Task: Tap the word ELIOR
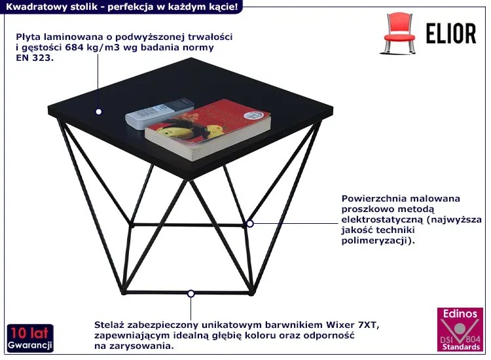click(x=451, y=33)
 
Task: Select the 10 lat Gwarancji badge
click(x=30, y=338)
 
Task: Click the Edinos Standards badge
click(x=460, y=330)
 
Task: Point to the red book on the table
click(x=208, y=129)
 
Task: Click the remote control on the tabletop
click(x=158, y=113)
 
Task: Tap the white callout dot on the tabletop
click(x=99, y=111)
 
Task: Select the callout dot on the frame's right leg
click(x=250, y=224)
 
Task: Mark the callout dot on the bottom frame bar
click(x=191, y=294)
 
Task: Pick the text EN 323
click(x=35, y=58)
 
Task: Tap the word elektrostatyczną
click(x=382, y=219)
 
